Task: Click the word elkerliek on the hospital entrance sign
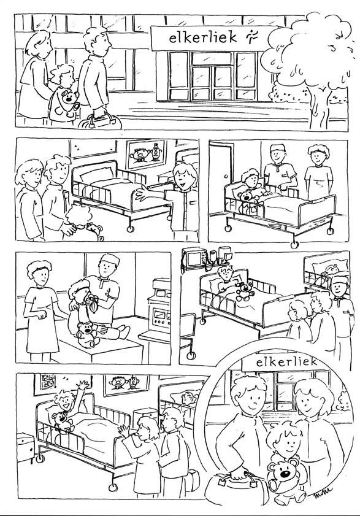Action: pos(203,37)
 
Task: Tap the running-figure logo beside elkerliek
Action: pos(252,37)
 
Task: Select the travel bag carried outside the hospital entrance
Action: pos(100,121)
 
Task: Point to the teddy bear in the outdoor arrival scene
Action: pos(67,101)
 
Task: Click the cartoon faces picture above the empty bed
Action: pos(146,155)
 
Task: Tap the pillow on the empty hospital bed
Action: pos(96,175)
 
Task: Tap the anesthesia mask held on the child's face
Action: pos(91,301)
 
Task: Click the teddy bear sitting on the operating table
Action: pos(86,334)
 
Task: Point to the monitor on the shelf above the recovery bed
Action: pos(195,257)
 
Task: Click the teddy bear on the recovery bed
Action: pos(245,291)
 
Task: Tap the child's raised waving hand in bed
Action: pos(83,385)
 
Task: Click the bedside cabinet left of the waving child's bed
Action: pos(25,447)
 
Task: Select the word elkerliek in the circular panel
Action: pos(286,363)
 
